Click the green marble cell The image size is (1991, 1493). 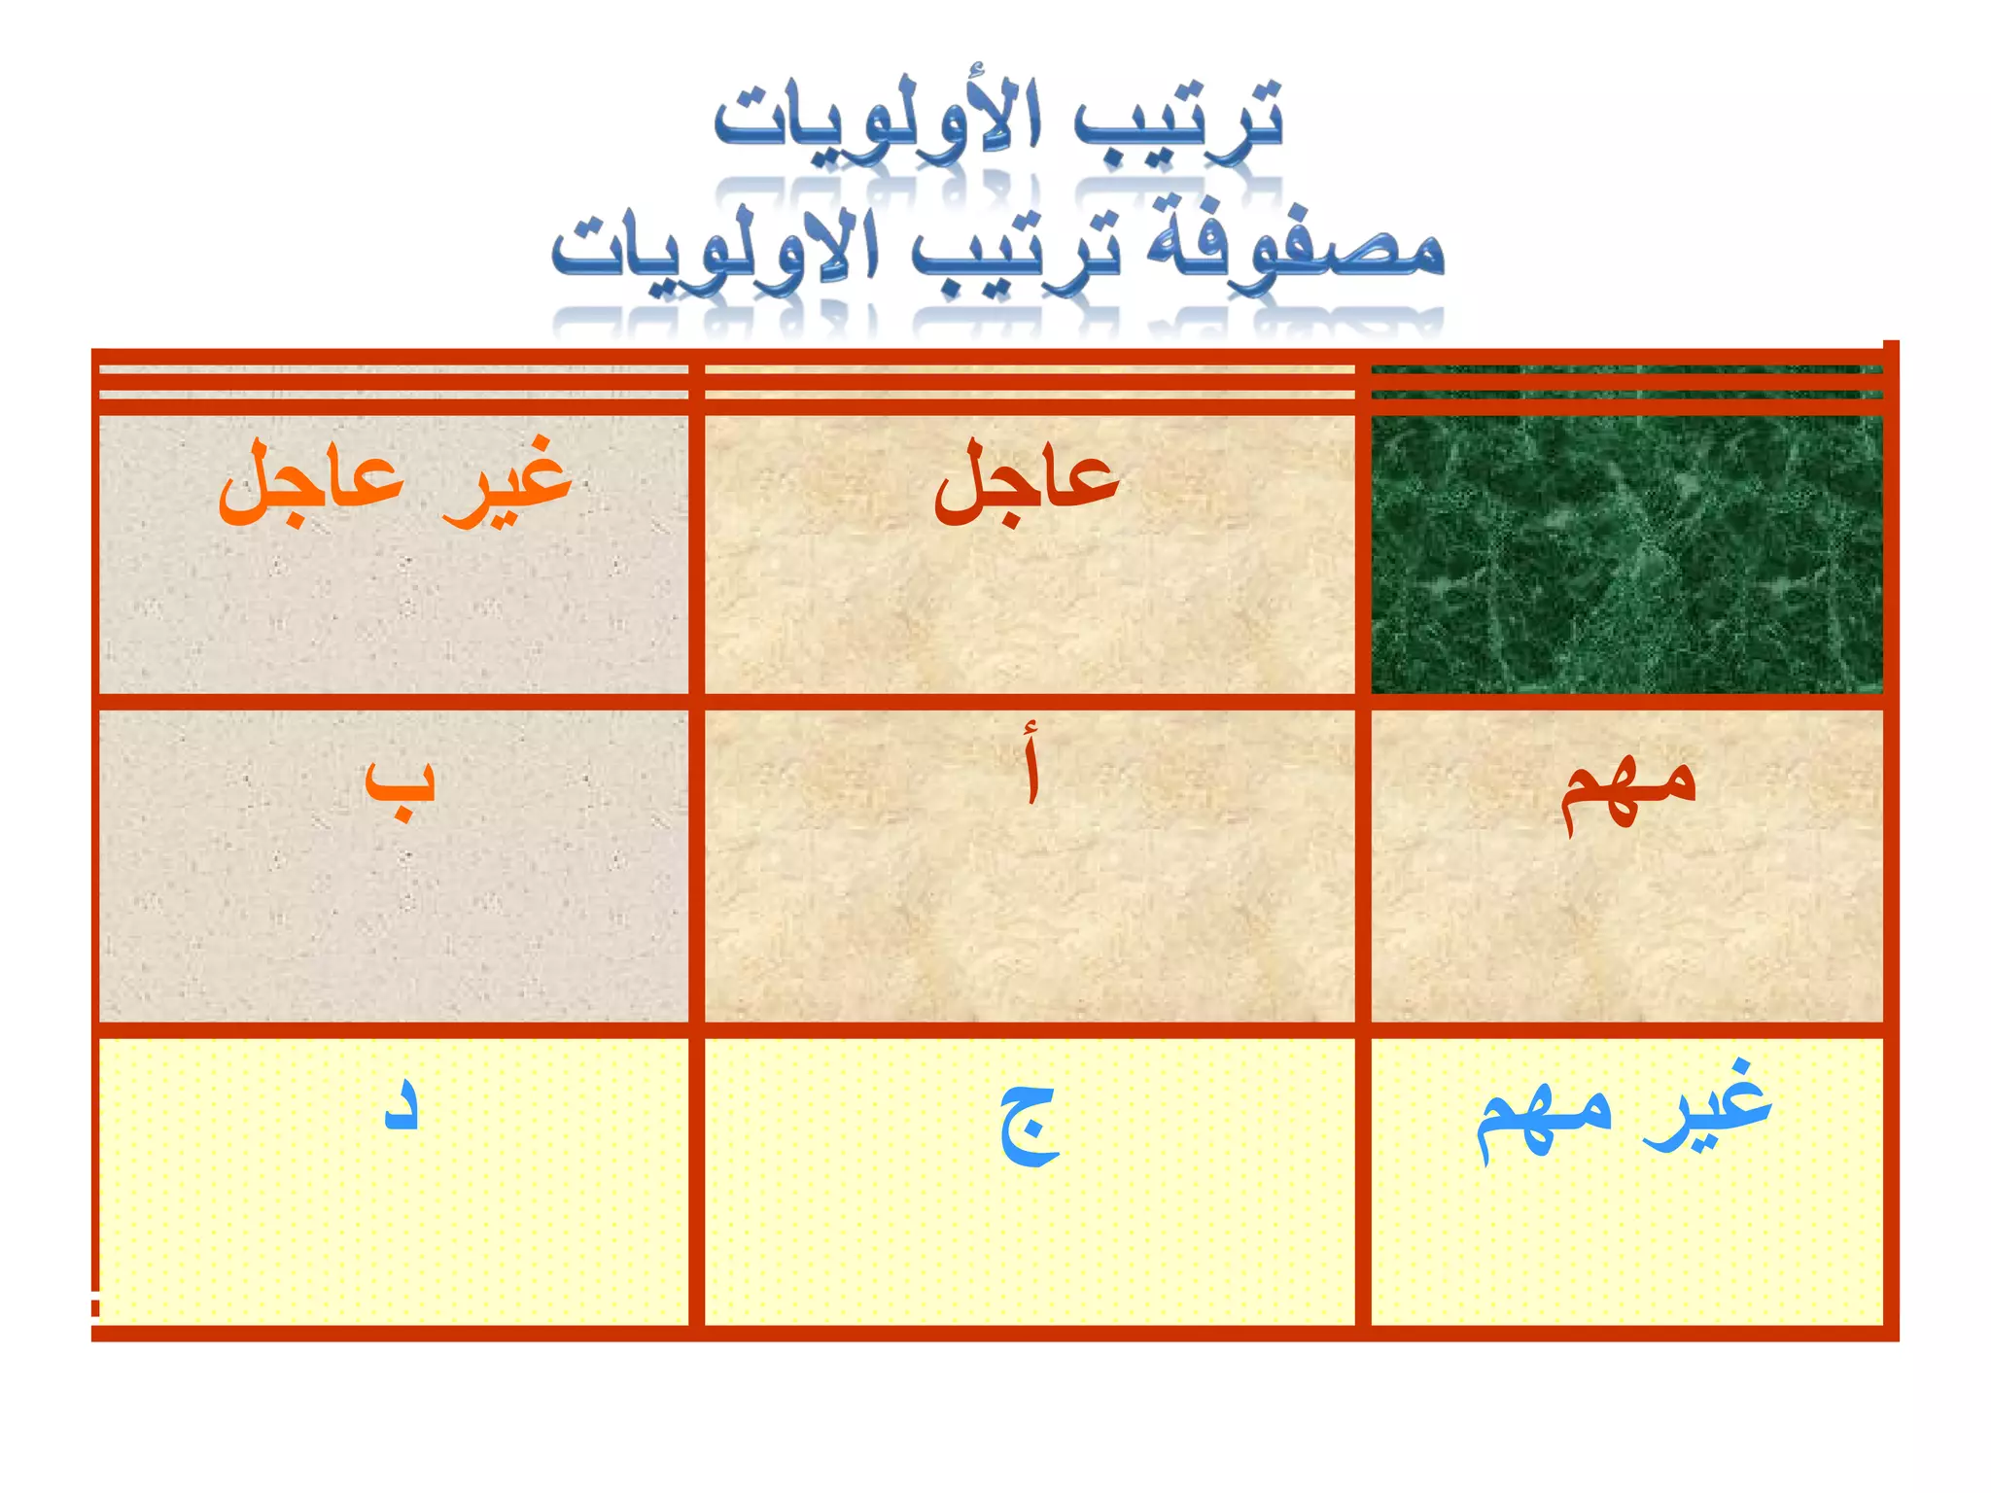pyautogui.click(x=1625, y=554)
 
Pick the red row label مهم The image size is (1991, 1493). pyautogui.click(x=1627, y=789)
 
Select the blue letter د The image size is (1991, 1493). pyautogui.click(x=402, y=1108)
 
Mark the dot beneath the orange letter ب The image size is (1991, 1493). pyautogui.click(x=399, y=815)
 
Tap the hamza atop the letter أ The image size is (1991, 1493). pyautogui.click(x=1031, y=730)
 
